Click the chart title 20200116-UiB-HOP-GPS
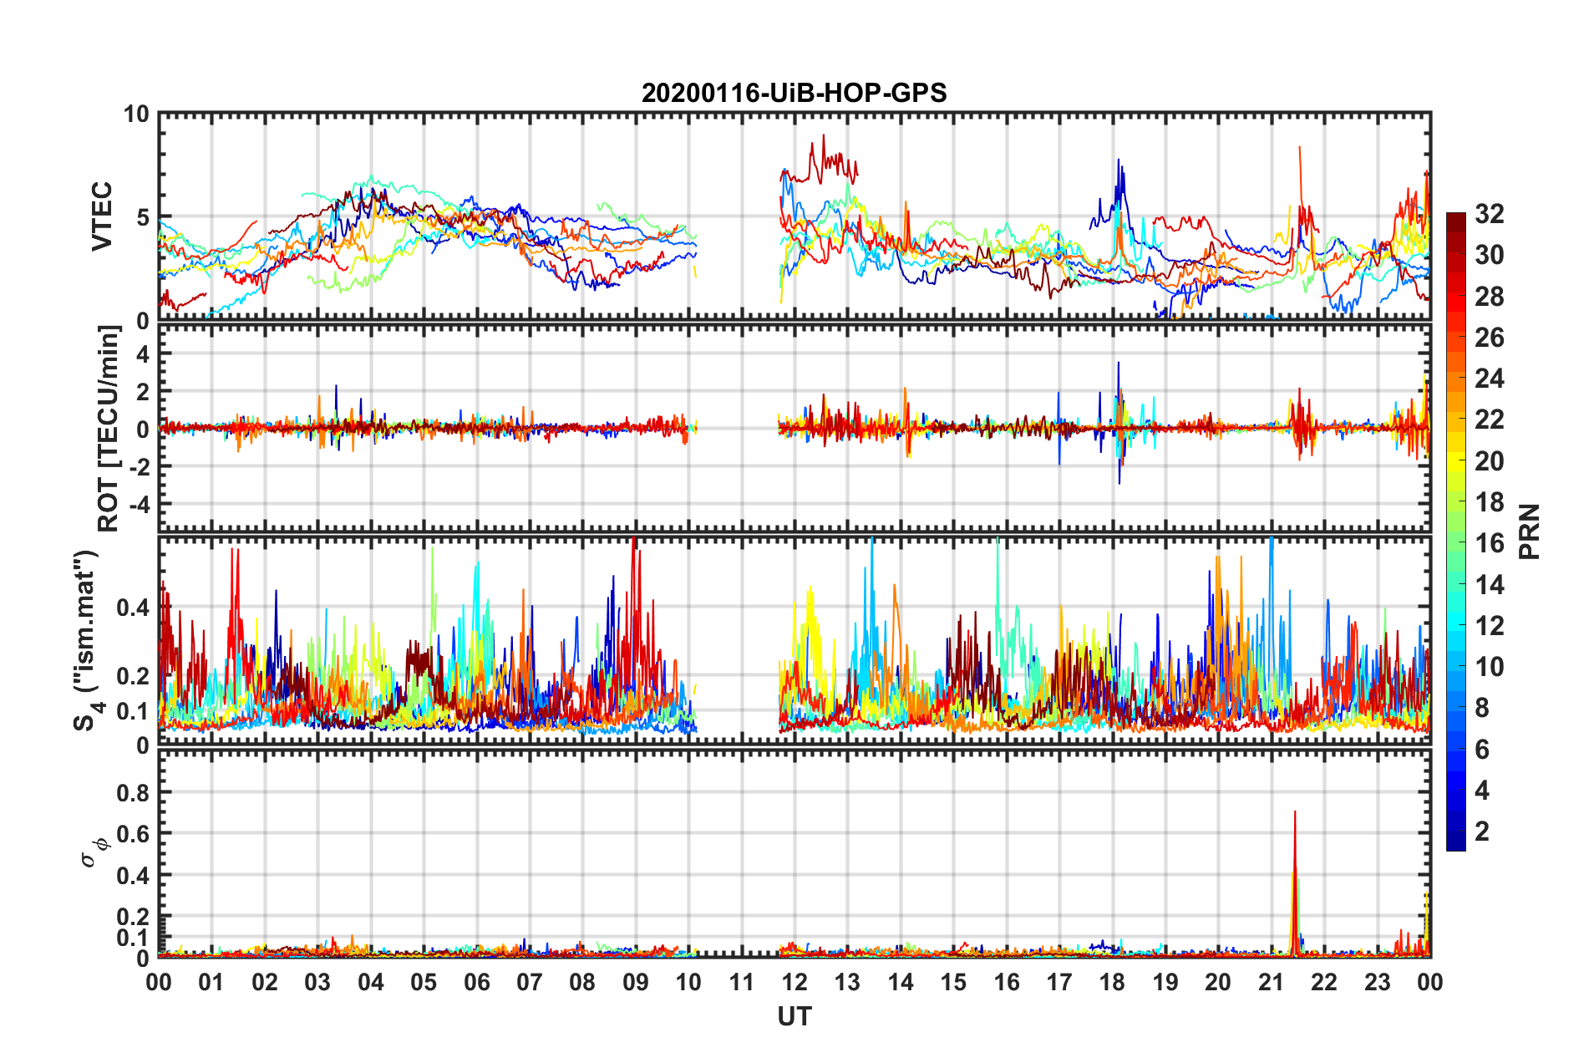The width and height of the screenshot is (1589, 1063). point(794,93)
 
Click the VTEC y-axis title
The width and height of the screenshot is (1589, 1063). point(102,216)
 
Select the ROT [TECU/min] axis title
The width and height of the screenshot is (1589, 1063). point(109,429)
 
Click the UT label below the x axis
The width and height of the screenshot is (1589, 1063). point(794,1016)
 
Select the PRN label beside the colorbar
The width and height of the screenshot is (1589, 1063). point(1529,531)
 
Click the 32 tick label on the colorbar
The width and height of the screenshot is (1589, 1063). point(1489,214)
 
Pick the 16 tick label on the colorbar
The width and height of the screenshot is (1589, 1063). point(1489,543)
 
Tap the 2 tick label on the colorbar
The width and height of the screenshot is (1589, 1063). point(1482,831)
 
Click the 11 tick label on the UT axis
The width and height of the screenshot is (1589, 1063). point(741,982)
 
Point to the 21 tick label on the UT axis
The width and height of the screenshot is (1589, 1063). point(1271,982)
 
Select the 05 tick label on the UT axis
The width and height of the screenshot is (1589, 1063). point(424,982)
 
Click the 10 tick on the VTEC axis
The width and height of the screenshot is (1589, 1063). point(136,114)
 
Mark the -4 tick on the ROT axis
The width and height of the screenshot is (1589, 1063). point(140,505)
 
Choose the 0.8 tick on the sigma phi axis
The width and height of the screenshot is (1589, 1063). point(134,792)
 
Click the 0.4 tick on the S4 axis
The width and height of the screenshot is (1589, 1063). point(134,608)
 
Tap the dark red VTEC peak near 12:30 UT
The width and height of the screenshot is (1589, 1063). point(823,136)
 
